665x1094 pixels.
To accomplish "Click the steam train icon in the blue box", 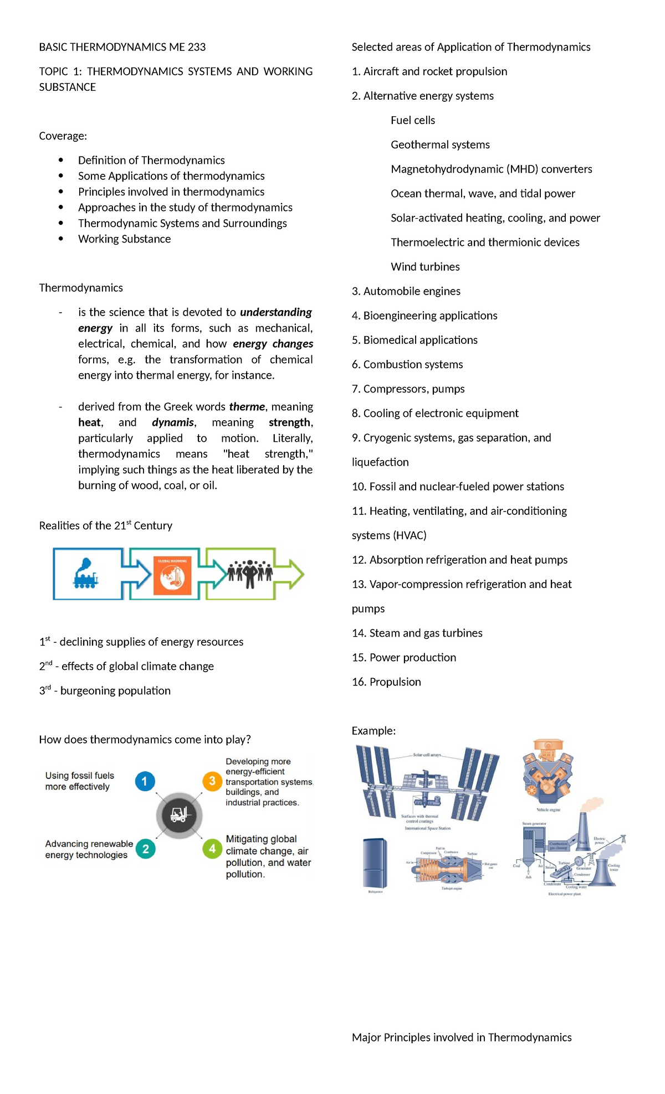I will [x=85, y=574].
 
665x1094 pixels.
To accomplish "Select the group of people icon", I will [x=250, y=573].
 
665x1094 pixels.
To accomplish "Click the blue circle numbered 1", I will [x=145, y=781].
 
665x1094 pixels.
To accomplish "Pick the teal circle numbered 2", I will [x=145, y=849].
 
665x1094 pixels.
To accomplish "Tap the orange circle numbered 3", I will [x=212, y=781].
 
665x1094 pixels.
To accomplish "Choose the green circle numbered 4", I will [x=212, y=849].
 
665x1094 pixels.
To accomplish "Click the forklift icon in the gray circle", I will [x=179, y=815].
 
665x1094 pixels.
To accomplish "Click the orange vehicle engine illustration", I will [x=548, y=772].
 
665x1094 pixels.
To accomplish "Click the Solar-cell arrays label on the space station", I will [x=427, y=755].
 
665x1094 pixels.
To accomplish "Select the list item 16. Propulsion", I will [x=386, y=682].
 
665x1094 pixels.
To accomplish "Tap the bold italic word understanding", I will [x=275, y=312].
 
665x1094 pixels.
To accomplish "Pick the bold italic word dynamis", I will [x=172, y=422].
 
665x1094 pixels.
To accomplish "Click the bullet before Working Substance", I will [x=61, y=239].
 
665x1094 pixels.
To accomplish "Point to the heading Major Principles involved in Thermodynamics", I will [x=461, y=1038].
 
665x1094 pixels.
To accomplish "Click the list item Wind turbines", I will [x=425, y=267].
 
